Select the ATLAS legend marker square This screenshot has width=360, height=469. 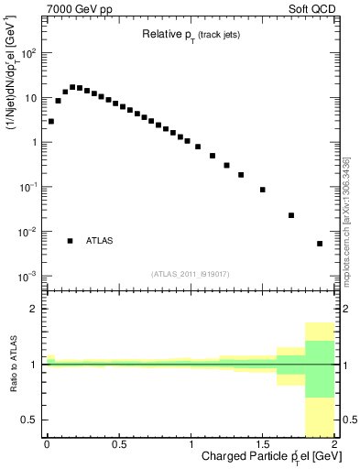click(x=70, y=241)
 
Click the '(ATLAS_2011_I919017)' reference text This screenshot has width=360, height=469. click(x=191, y=272)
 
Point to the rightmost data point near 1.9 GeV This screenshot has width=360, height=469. click(x=320, y=244)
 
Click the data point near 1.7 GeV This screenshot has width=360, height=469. click(x=291, y=215)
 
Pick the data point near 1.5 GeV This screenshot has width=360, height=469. click(x=263, y=190)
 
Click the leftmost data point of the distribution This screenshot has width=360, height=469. click(x=51, y=121)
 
